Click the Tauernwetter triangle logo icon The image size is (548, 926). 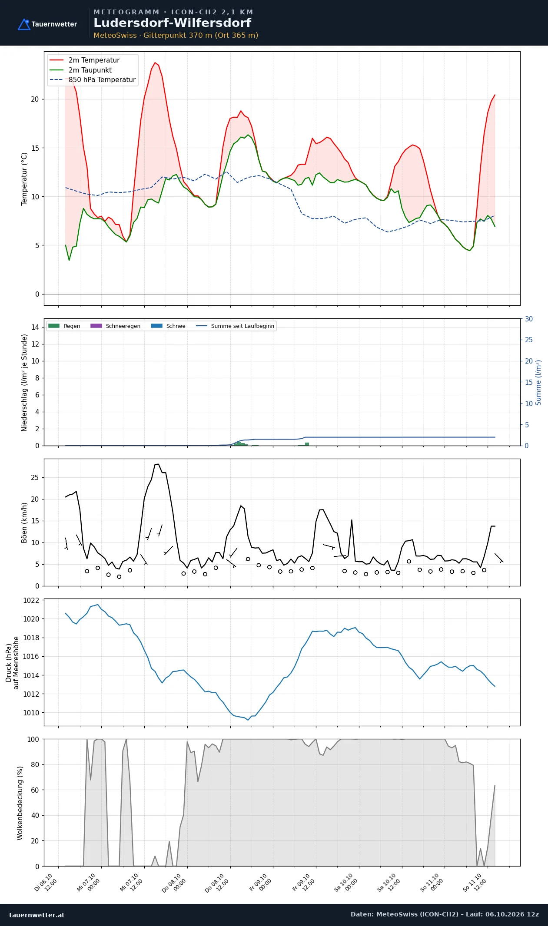pos(24,24)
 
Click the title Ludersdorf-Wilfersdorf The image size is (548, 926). pos(173,23)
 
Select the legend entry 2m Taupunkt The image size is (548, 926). pos(81,70)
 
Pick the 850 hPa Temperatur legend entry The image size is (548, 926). pos(93,80)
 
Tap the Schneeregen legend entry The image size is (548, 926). pos(115,326)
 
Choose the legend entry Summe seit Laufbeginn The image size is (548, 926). pos(235,326)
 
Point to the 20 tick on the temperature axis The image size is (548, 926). pos(35,99)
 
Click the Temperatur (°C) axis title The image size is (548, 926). pos(24,179)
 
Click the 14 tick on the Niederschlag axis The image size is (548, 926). pos(35,327)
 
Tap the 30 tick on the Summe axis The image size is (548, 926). pos(529,319)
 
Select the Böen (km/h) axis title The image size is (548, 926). pos(24,523)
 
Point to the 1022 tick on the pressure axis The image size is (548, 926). pos(31,600)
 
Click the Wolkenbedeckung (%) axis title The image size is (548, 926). pos(20,803)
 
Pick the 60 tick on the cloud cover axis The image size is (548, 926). pos(35,790)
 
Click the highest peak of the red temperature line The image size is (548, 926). pos(155,63)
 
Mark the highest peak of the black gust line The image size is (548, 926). pos(157,464)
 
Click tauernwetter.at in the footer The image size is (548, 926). pos(37,915)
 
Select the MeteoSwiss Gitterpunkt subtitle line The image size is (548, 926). pos(176,35)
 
